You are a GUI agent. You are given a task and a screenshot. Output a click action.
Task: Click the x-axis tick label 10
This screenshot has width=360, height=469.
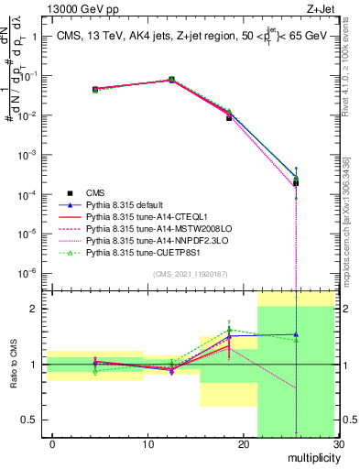(147, 444)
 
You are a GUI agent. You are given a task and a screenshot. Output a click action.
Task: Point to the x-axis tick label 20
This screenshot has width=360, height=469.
(243, 444)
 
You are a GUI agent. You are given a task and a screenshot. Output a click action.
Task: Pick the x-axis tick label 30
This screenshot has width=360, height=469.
(337, 444)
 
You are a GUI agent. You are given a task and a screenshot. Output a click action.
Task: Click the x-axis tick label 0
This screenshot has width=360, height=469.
(52, 444)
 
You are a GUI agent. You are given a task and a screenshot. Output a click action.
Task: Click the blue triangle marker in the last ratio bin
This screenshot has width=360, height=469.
(295, 334)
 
